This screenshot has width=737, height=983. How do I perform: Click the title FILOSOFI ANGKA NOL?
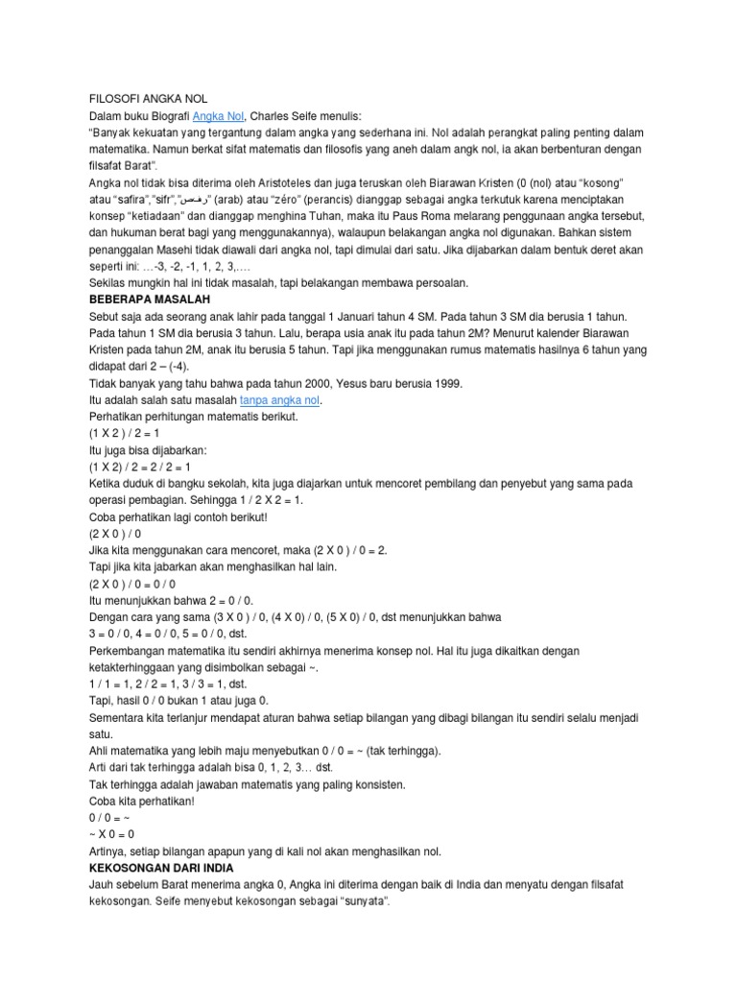coord(142,98)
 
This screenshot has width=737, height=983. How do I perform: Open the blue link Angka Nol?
coord(220,116)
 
